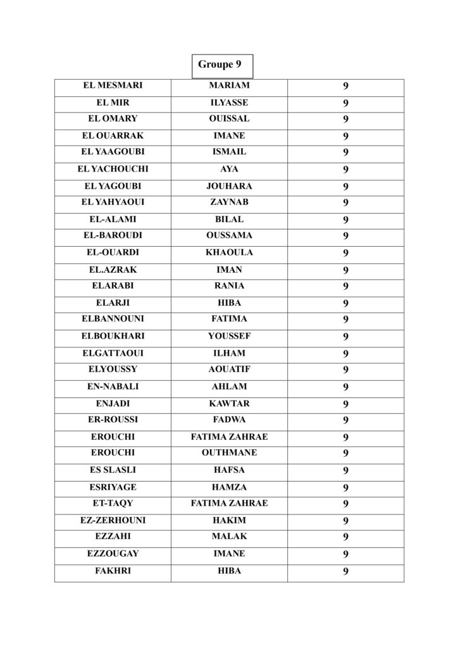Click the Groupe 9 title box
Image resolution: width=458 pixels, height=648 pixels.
coord(220,65)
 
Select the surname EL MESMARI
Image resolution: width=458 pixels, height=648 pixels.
coord(113,85)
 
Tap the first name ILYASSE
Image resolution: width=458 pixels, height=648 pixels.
coord(229,103)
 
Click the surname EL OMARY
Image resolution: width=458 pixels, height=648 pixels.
coord(113,118)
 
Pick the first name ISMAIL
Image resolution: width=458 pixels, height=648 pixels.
coord(229,152)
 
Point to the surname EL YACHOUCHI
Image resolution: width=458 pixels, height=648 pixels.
coord(113,169)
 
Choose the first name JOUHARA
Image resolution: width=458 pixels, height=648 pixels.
coord(229,186)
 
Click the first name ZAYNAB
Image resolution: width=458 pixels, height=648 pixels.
coord(229,202)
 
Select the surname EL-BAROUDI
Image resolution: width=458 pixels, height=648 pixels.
coord(113,235)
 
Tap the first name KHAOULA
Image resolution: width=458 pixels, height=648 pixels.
coord(229,252)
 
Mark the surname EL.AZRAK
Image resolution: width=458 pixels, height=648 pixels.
coord(113,270)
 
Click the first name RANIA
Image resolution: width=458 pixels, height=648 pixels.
coord(229,285)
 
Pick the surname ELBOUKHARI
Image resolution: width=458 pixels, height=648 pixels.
coord(113,336)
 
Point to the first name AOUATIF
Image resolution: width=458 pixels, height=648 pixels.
coord(229,369)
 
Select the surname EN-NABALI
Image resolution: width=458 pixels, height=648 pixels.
coord(113,387)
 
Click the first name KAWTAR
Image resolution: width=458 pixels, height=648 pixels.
coord(229,403)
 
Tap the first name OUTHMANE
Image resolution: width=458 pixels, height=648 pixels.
coord(229,453)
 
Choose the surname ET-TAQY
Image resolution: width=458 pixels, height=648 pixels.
coord(113,503)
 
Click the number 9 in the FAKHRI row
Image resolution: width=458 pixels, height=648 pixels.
coord(346,571)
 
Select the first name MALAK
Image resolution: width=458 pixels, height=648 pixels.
coord(229,537)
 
